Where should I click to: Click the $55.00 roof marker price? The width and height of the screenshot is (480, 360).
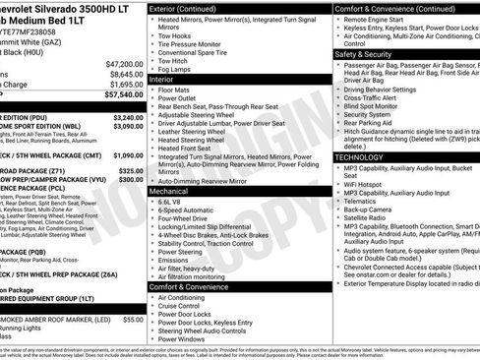tap(133, 320)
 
